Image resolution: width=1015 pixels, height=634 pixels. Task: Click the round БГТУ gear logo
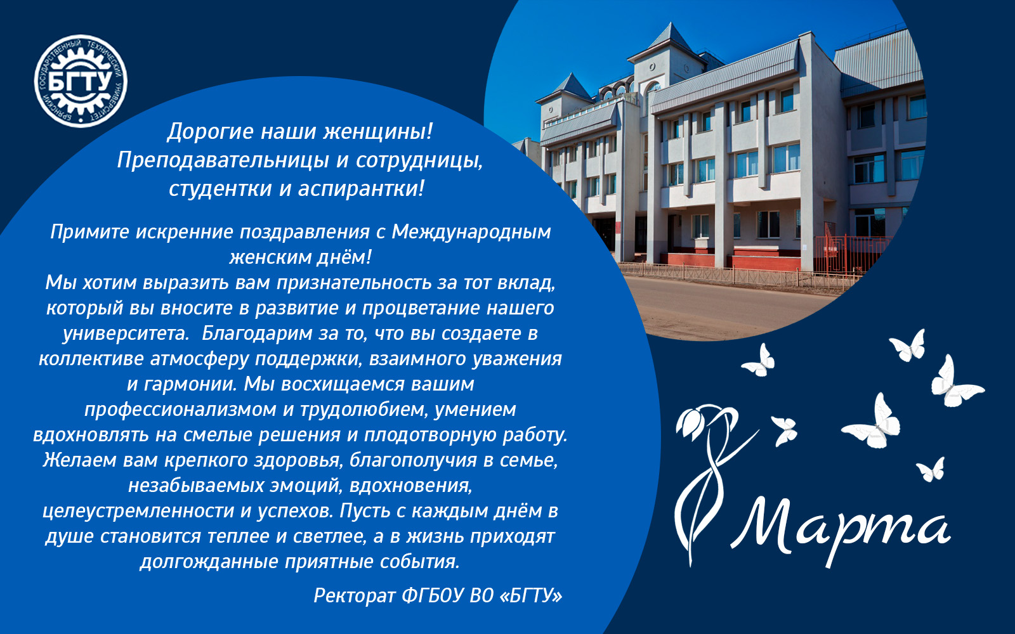pyautogui.click(x=81, y=81)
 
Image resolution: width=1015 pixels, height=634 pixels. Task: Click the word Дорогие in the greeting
pyautogui.click(x=211, y=133)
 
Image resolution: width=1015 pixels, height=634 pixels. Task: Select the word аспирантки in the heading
pyautogui.click(x=361, y=189)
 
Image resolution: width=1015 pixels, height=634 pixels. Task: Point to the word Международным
pyautogui.click(x=471, y=233)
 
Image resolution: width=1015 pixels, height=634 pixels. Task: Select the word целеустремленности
pyautogui.click(x=138, y=511)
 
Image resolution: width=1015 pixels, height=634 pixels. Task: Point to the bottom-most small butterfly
pyautogui.click(x=931, y=470)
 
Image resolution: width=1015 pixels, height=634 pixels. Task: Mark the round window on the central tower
pyautogui.click(x=652, y=67)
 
